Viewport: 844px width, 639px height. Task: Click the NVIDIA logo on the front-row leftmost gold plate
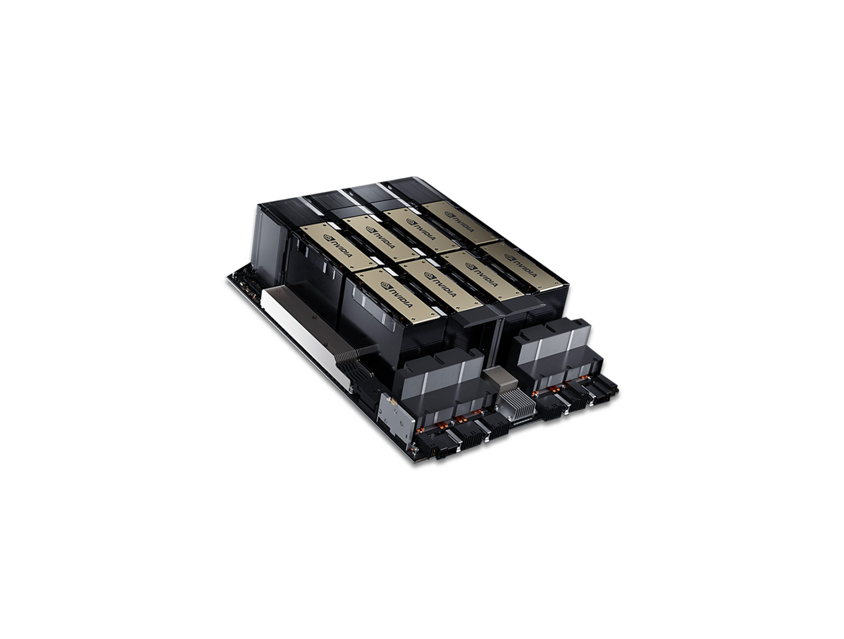pos(396,295)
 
